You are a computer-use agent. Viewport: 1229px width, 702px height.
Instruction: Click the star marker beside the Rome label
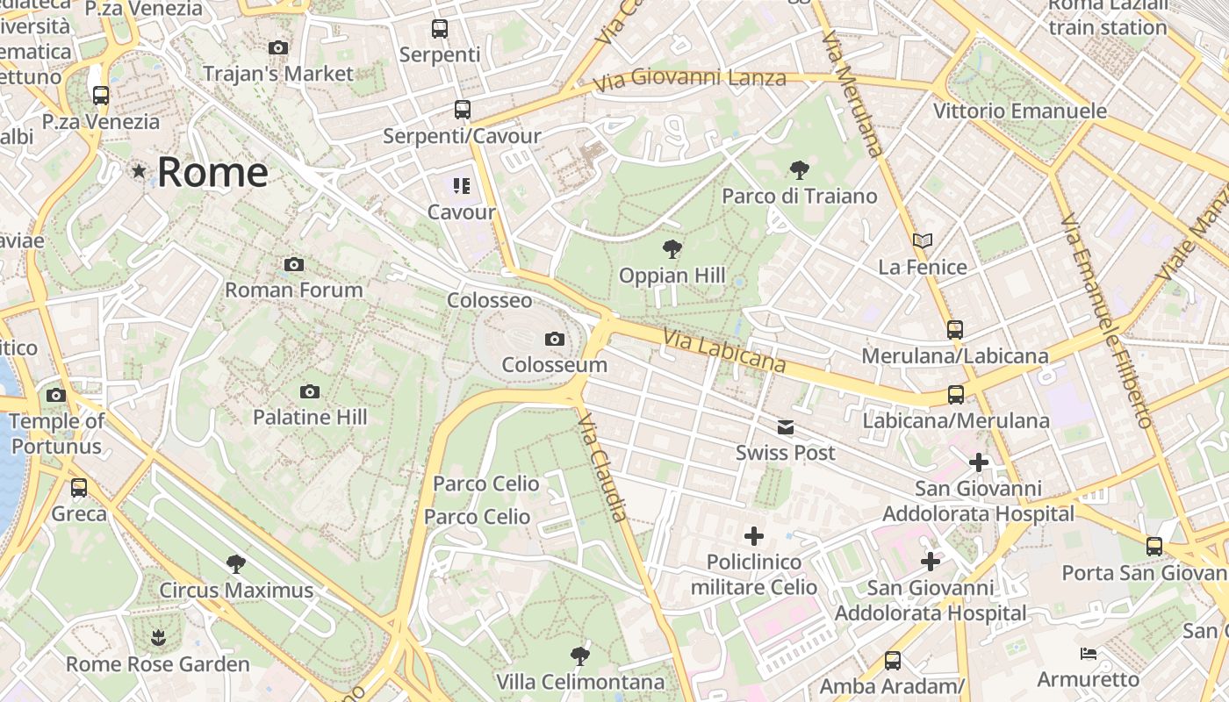click(139, 171)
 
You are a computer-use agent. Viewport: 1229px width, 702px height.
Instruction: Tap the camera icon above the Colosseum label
click(554, 339)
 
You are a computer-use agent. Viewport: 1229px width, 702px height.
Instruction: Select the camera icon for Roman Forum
click(294, 264)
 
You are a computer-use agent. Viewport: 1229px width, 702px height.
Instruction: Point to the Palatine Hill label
click(310, 417)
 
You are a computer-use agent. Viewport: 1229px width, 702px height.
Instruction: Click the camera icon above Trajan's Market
click(278, 47)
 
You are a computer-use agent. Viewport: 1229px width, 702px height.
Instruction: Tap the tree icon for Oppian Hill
click(672, 249)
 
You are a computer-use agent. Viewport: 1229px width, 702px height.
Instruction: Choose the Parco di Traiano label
click(799, 196)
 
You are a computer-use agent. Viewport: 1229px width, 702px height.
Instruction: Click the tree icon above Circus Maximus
click(235, 563)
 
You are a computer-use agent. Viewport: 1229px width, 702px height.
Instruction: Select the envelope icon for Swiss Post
click(785, 427)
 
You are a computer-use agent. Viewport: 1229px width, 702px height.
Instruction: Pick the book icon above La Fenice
click(922, 240)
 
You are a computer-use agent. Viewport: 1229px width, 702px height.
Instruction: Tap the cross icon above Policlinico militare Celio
click(753, 535)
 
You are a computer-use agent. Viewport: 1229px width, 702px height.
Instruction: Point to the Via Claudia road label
click(604, 469)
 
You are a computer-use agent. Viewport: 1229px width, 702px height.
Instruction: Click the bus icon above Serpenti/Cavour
click(462, 110)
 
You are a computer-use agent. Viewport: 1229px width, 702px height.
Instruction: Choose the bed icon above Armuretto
click(1088, 654)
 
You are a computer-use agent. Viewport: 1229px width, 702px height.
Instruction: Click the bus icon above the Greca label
click(79, 487)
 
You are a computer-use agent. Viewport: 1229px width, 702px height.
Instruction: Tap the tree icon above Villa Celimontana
click(579, 655)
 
